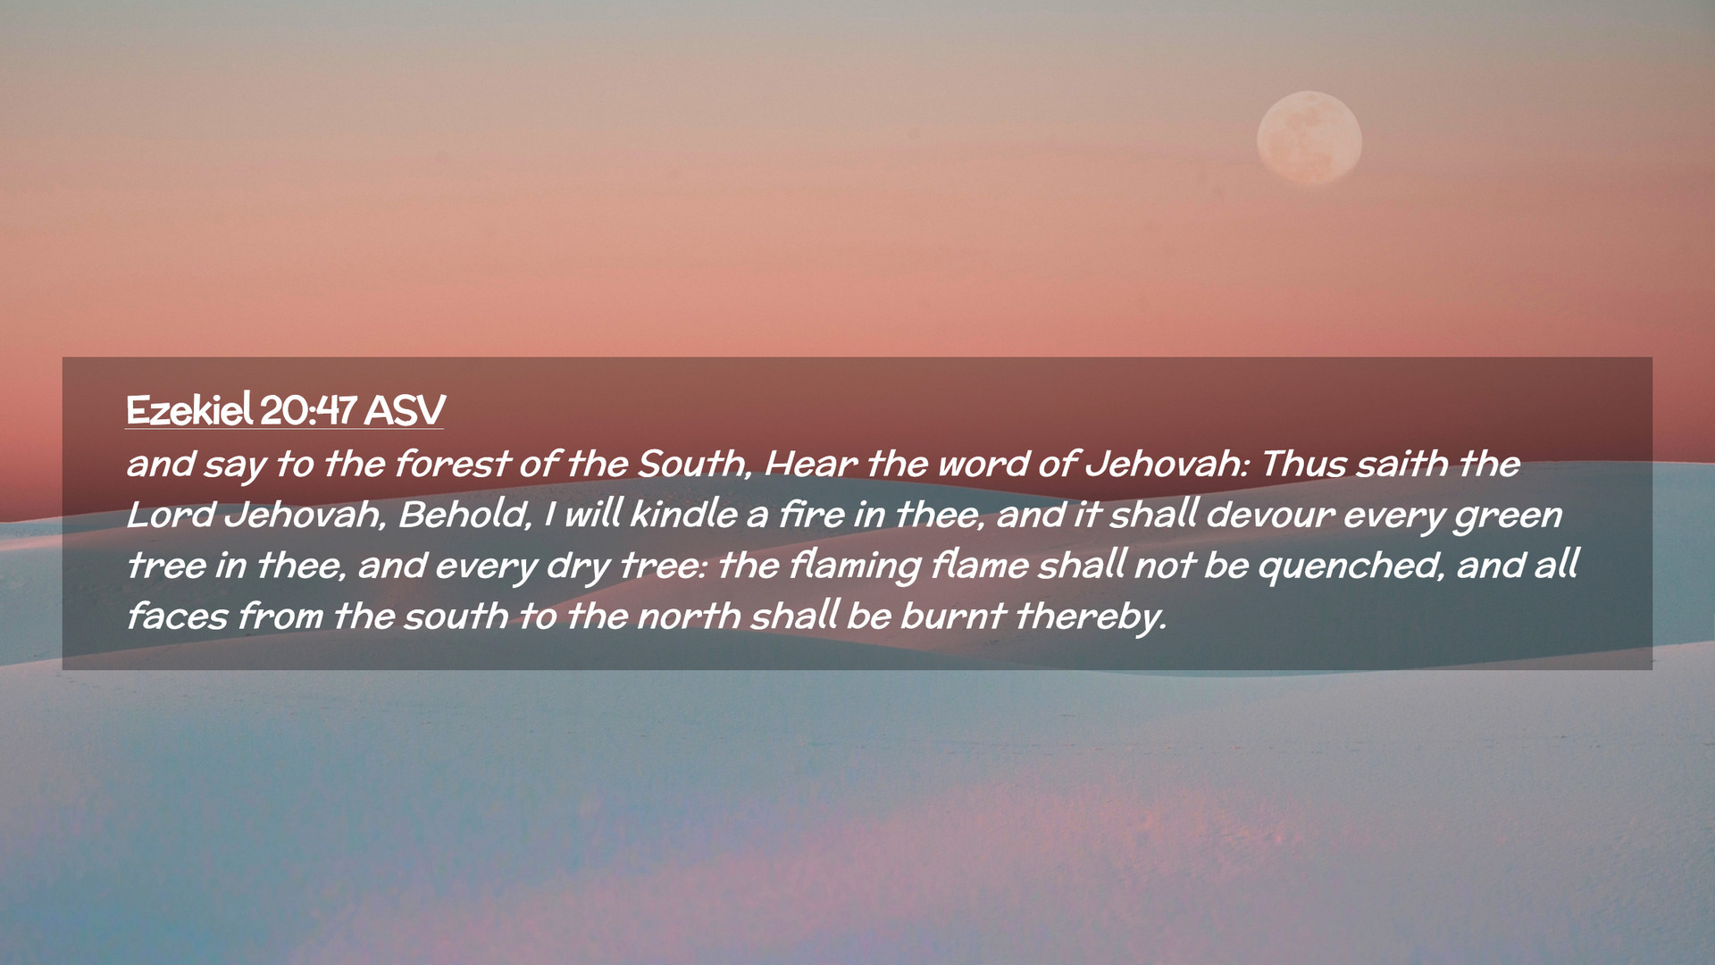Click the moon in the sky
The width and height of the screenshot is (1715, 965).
(1309, 138)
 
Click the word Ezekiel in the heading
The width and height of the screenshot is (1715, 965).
(189, 410)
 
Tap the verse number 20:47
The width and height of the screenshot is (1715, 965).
(309, 410)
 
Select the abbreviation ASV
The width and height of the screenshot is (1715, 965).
(405, 410)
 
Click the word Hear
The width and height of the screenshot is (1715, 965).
(811, 464)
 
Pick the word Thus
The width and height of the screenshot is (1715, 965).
(1303, 464)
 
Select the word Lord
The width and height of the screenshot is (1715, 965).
(170, 515)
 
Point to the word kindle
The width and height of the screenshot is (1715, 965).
(684, 515)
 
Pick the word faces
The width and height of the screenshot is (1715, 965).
(178, 617)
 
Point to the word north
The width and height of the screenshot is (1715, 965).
(689, 617)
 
